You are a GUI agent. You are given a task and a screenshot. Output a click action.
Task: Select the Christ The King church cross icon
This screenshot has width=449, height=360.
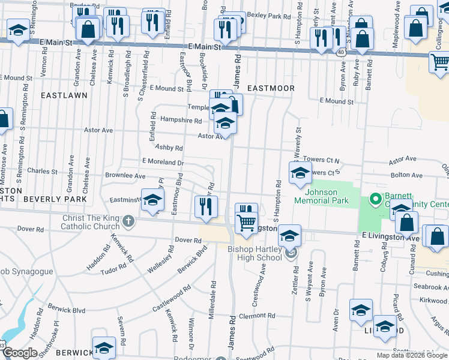pyautogui.click(x=127, y=223)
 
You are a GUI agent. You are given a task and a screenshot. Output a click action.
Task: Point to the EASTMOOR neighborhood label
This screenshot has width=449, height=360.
pyautogui.click(x=271, y=88)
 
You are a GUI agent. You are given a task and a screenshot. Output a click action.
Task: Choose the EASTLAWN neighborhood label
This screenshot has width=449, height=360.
pyautogui.click(x=64, y=95)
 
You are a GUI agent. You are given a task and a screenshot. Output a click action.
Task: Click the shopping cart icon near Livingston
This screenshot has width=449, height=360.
pyautogui.click(x=246, y=223)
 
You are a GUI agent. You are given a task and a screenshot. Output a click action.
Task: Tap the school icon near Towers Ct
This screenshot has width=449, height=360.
pyautogui.click(x=300, y=173)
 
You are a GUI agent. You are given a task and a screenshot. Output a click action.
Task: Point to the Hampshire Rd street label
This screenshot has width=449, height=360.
pyautogui.click(x=181, y=120)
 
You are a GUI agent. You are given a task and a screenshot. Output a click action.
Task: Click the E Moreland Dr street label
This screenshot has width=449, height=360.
pyautogui.click(x=163, y=162)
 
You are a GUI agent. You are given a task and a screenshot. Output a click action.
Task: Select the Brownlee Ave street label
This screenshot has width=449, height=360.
pyautogui.click(x=125, y=176)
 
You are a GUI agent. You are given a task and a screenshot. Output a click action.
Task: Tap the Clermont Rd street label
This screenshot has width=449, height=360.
pyautogui.click(x=256, y=315)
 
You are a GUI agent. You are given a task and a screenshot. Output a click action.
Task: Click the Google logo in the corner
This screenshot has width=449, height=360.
pyautogui.click(x=20, y=353)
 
